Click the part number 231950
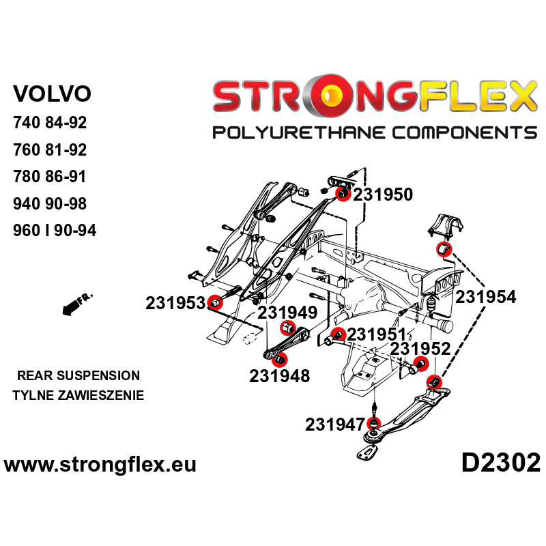click(383, 195)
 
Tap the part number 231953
click(175, 303)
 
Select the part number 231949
click(287, 313)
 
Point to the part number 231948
click(279, 375)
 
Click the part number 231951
click(377, 334)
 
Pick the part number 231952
click(420, 349)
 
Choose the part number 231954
click(486, 297)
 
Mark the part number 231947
click(334, 425)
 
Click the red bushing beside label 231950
click(343, 195)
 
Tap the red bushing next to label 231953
click(215, 302)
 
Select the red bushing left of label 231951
click(336, 334)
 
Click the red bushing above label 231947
click(374, 423)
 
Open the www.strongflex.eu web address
click(100, 465)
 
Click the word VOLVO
click(52, 93)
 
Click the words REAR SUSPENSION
click(78, 375)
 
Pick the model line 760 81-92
click(50, 150)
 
